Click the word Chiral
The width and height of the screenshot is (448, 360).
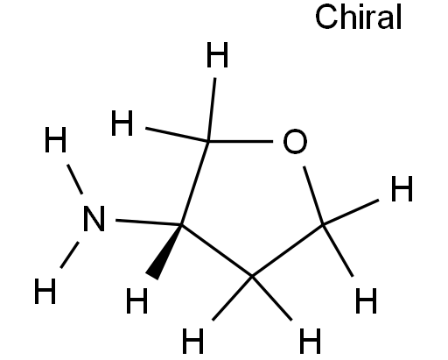359,17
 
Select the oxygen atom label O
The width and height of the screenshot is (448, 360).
295,141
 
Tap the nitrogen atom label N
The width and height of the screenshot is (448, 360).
94,218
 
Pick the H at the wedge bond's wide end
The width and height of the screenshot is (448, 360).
136,300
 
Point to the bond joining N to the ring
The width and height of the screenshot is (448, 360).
149,222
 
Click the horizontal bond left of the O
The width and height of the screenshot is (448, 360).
241,141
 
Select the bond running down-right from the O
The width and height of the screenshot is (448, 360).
313,195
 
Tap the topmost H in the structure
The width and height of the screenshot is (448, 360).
217,54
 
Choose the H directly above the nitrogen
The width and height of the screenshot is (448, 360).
55,139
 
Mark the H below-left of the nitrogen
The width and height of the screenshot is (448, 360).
45,291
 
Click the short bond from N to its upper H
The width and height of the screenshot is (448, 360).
74,180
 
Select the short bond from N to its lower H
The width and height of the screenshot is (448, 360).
69,255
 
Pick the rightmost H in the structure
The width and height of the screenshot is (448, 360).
402,188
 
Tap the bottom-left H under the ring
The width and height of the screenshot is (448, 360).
192,341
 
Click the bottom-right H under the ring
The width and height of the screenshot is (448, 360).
310,341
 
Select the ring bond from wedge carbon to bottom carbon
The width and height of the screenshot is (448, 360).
217,251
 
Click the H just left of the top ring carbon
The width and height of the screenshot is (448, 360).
122,124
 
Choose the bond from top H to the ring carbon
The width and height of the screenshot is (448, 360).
212,109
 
